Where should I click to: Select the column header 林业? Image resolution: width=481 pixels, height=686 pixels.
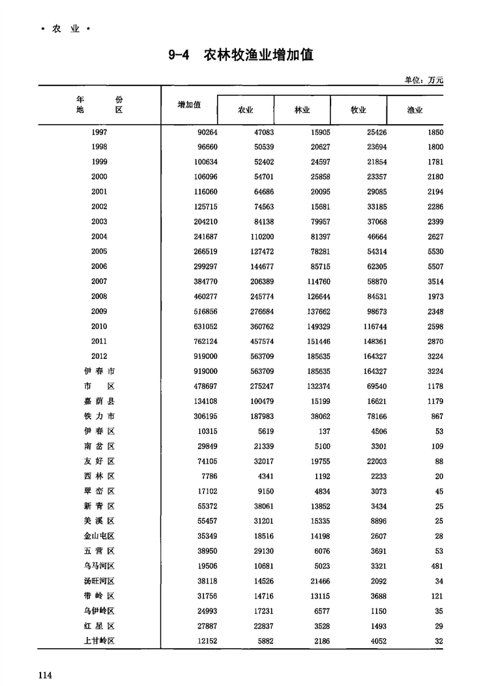tap(302, 110)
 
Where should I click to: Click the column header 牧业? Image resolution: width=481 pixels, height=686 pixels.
tap(358, 110)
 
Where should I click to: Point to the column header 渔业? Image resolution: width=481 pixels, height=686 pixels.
tap(415, 110)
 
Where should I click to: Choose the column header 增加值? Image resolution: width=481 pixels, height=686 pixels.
tap(189, 104)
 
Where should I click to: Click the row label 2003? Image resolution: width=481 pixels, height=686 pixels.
tap(100, 222)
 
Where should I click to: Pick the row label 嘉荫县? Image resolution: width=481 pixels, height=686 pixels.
tap(99, 401)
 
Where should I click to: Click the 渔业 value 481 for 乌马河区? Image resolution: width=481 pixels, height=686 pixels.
tap(437, 566)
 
